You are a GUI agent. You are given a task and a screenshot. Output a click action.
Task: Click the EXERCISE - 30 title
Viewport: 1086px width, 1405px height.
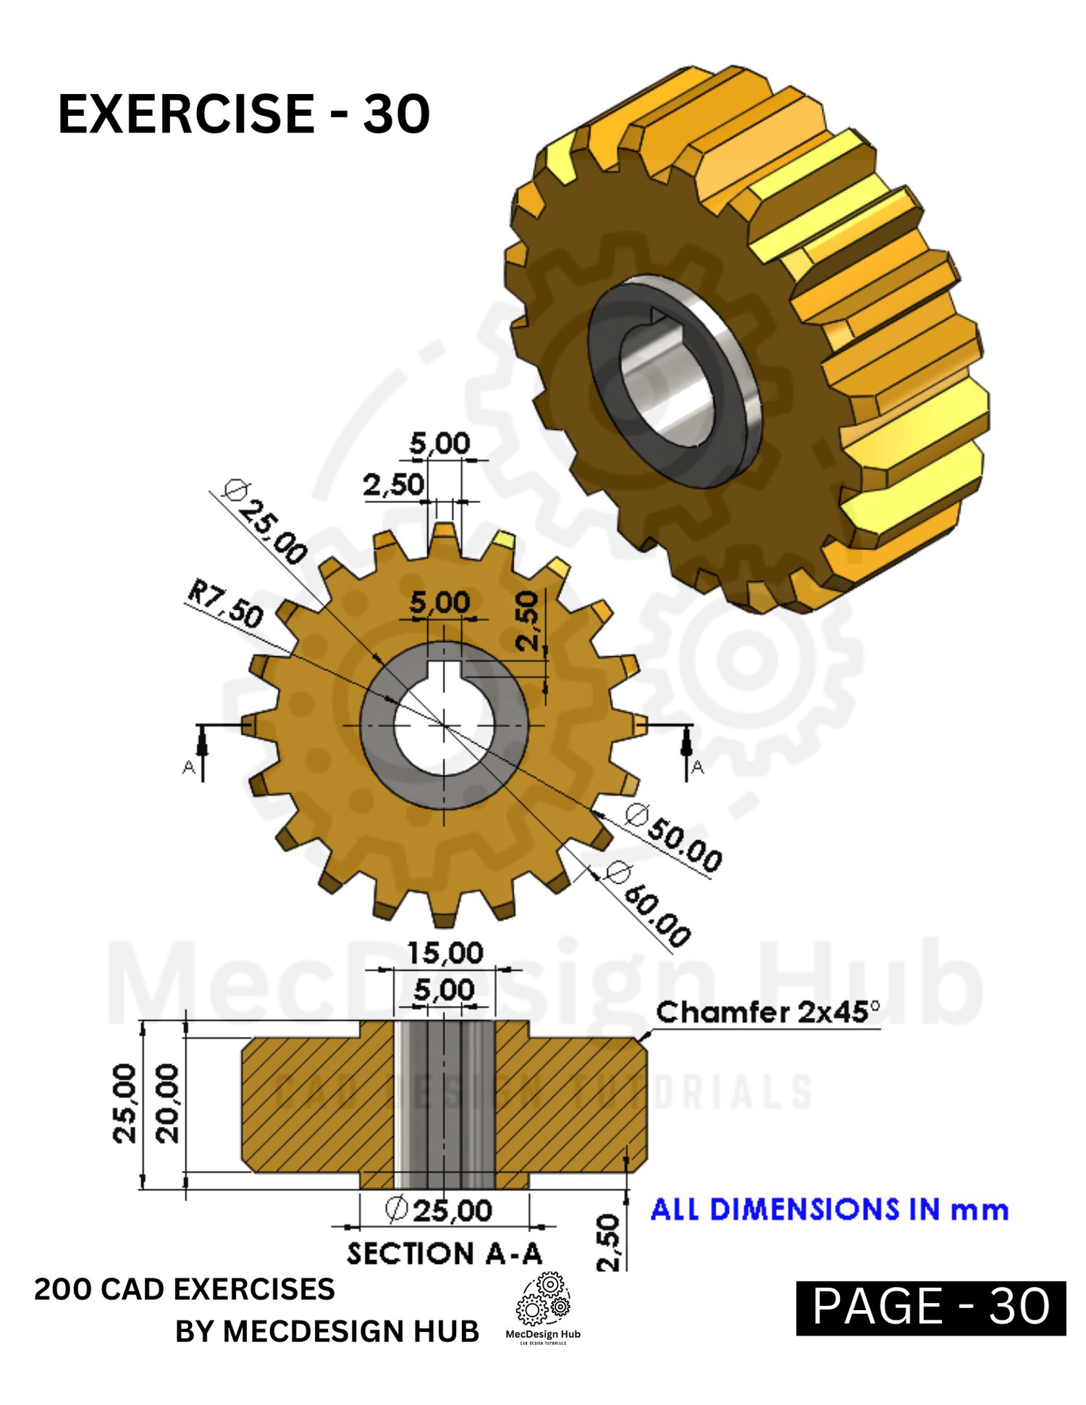(x=244, y=114)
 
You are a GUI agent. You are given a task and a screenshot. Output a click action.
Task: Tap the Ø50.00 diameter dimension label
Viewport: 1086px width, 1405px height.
(x=674, y=837)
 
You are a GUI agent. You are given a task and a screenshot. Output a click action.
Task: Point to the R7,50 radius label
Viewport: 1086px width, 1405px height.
(x=225, y=603)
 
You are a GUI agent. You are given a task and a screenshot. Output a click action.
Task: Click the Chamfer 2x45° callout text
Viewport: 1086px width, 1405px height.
(x=768, y=1012)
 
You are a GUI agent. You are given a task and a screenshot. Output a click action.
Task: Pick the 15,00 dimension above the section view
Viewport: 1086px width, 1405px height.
(x=445, y=953)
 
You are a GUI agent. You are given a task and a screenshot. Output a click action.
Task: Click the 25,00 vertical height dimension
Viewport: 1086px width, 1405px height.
(x=125, y=1103)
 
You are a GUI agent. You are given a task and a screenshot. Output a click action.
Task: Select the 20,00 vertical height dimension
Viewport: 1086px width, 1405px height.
(x=167, y=1103)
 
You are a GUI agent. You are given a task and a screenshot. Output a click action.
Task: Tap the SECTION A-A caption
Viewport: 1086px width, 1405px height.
(x=445, y=1253)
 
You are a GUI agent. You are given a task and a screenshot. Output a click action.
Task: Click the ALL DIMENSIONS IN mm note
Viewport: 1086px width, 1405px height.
(x=830, y=1210)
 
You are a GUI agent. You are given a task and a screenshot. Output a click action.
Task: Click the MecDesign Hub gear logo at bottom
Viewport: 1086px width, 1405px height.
(x=543, y=1308)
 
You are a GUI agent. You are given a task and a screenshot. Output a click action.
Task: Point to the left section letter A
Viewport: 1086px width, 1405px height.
(x=189, y=767)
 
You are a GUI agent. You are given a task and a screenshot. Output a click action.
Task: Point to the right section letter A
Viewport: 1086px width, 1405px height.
(x=697, y=767)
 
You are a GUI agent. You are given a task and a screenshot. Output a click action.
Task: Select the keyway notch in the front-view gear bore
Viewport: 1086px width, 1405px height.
(x=444, y=671)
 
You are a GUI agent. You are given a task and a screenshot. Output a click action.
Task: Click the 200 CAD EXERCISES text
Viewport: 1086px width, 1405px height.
(x=185, y=1289)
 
